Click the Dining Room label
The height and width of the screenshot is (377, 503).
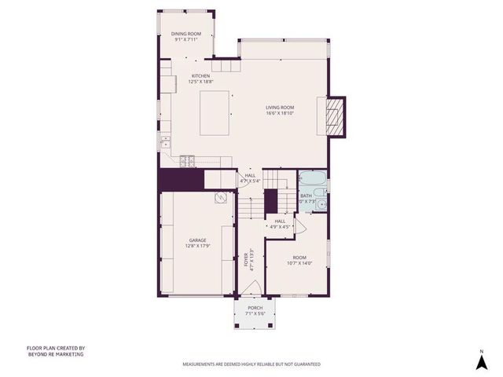point(186,34)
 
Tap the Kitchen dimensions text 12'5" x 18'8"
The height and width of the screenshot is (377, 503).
point(200,81)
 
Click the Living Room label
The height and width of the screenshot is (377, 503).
point(279,107)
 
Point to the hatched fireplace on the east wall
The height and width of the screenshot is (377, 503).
point(336,115)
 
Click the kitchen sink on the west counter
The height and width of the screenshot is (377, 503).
point(166,142)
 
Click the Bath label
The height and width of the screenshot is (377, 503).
point(306,196)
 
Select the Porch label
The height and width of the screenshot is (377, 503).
point(255,307)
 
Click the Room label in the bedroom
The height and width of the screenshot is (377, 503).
point(299,258)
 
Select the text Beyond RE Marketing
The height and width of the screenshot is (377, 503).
point(55,354)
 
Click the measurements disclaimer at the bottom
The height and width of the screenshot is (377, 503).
point(251,364)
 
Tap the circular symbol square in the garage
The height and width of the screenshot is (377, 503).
point(220,197)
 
